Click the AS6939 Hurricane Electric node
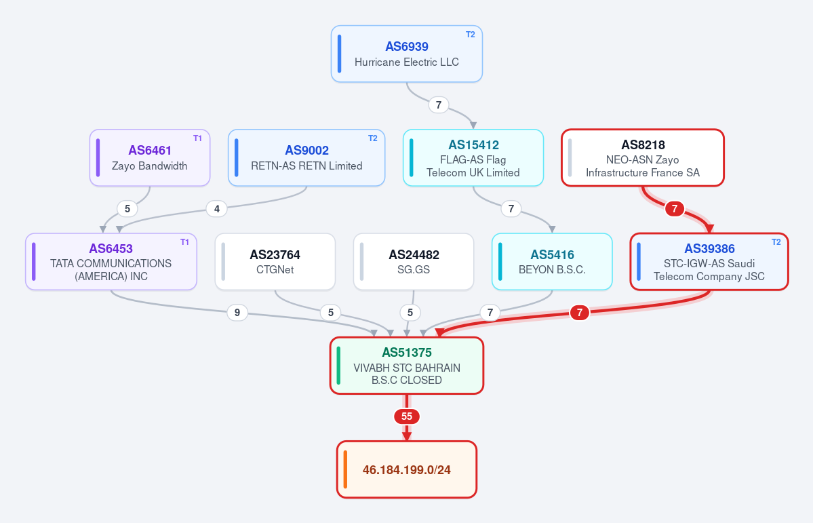tap(407, 54)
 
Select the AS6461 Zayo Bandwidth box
tap(150, 158)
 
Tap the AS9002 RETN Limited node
tap(306, 158)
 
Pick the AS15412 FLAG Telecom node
tap(473, 158)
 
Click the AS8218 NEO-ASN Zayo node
tap(643, 158)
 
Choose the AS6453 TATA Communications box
tap(111, 262)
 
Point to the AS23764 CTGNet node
tap(275, 262)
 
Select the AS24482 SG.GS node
tap(414, 262)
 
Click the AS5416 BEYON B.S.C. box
tap(552, 262)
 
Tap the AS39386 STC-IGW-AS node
tap(709, 262)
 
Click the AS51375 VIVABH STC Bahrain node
tap(407, 366)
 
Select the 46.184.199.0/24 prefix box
tap(407, 469)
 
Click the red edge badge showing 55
tap(407, 417)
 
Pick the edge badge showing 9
tap(237, 313)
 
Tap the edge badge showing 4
tap(217, 209)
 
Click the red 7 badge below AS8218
tap(675, 209)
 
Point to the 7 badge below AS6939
tap(439, 105)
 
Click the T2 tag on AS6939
tap(471, 35)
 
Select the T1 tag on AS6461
tap(197, 138)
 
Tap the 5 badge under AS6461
tap(127, 209)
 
